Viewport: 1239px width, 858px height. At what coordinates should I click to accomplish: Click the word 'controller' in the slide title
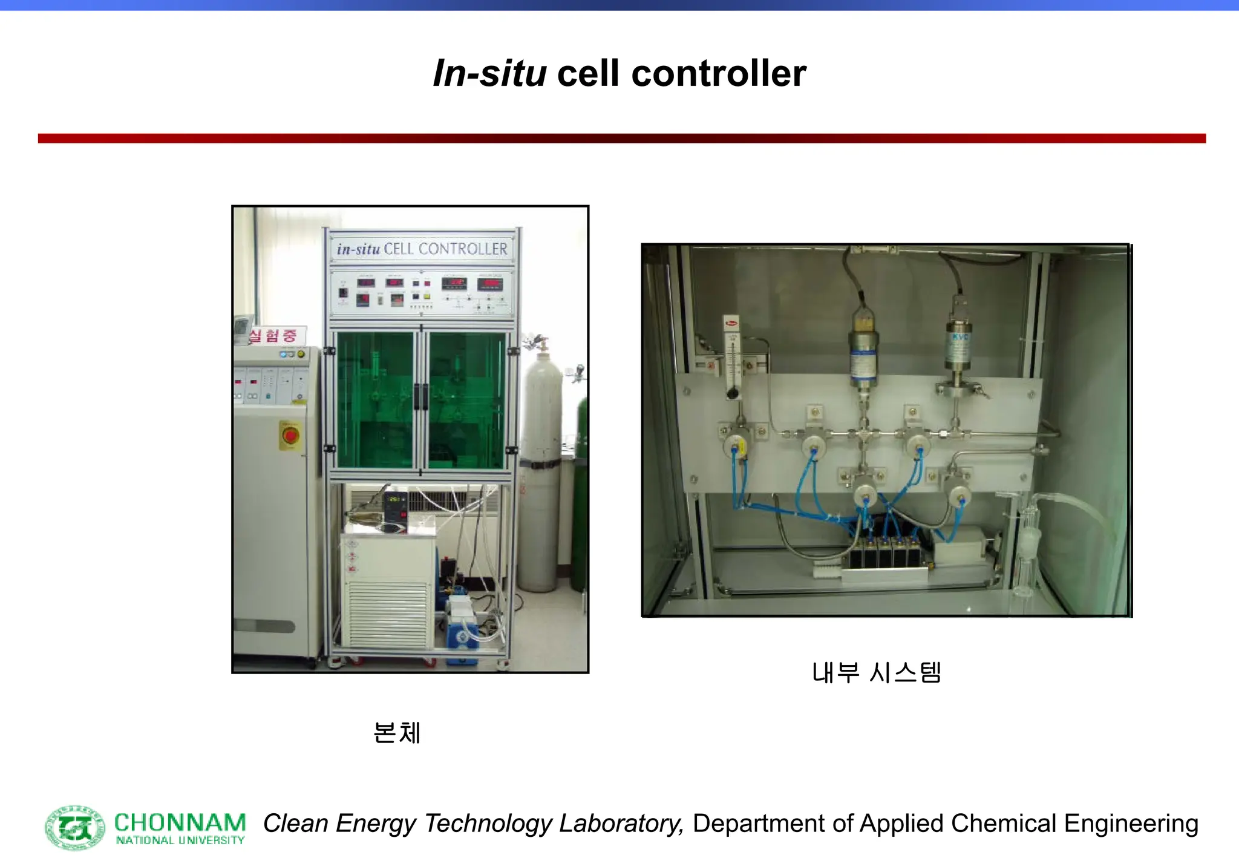718,74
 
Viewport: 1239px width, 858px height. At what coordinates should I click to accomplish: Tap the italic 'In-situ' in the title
489,74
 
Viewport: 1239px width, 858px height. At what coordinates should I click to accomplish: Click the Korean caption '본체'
396,733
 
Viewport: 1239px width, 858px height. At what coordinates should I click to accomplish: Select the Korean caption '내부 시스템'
876,672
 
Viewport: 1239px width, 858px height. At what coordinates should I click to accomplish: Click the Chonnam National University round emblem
75,827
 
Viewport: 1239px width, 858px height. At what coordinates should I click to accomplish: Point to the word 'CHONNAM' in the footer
180,823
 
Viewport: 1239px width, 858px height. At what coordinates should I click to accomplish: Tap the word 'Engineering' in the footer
1131,824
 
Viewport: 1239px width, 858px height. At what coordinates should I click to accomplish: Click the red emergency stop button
290,435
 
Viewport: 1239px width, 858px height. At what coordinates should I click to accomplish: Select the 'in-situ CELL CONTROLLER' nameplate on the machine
422,249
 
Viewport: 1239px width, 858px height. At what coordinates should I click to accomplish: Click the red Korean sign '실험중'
273,336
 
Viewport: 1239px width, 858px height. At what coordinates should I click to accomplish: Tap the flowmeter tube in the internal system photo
733,357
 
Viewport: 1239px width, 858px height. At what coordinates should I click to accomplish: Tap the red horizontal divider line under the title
621,139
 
